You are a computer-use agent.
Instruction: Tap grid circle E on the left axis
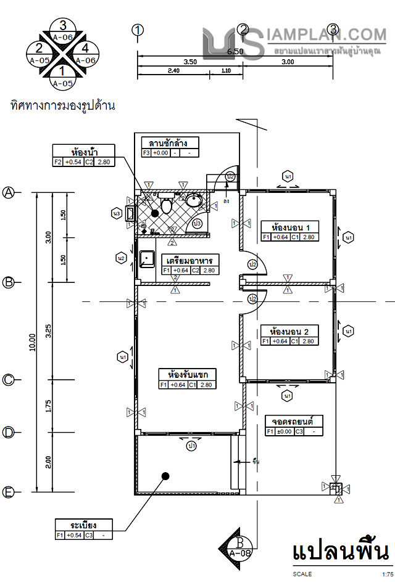pos(9,492)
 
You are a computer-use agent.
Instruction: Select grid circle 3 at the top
pos(333,30)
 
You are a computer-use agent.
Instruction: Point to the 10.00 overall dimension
pos(32,343)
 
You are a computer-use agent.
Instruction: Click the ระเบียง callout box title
pos(83,525)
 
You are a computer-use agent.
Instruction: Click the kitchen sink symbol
pos(146,258)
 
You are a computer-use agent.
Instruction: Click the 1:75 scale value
pos(387,574)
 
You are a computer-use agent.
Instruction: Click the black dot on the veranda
pos(165,475)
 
